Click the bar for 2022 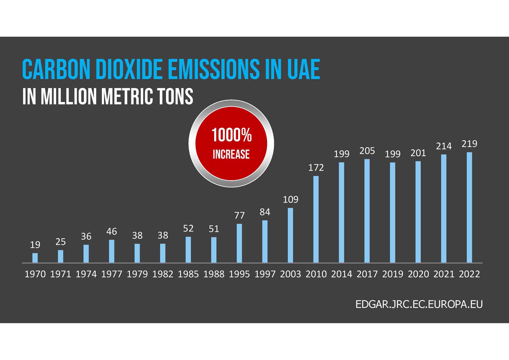(x=469, y=207)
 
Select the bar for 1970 (x=35, y=258)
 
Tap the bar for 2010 (x=316, y=219)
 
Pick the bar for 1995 (x=239, y=243)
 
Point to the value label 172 (x=316, y=168)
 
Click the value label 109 (x=290, y=200)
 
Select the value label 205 (x=367, y=151)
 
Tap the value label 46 (x=111, y=232)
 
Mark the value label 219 (x=469, y=144)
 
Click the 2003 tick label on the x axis (x=290, y=274)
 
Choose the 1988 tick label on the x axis (x=214, y=274)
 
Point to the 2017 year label (x=367, y=274)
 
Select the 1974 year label (x=86, y=274)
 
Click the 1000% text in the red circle (x=232, y=135)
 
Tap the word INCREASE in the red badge (x=231, y=155)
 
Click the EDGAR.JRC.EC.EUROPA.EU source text (x=419, y=304)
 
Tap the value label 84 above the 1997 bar (x=265, y=212)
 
